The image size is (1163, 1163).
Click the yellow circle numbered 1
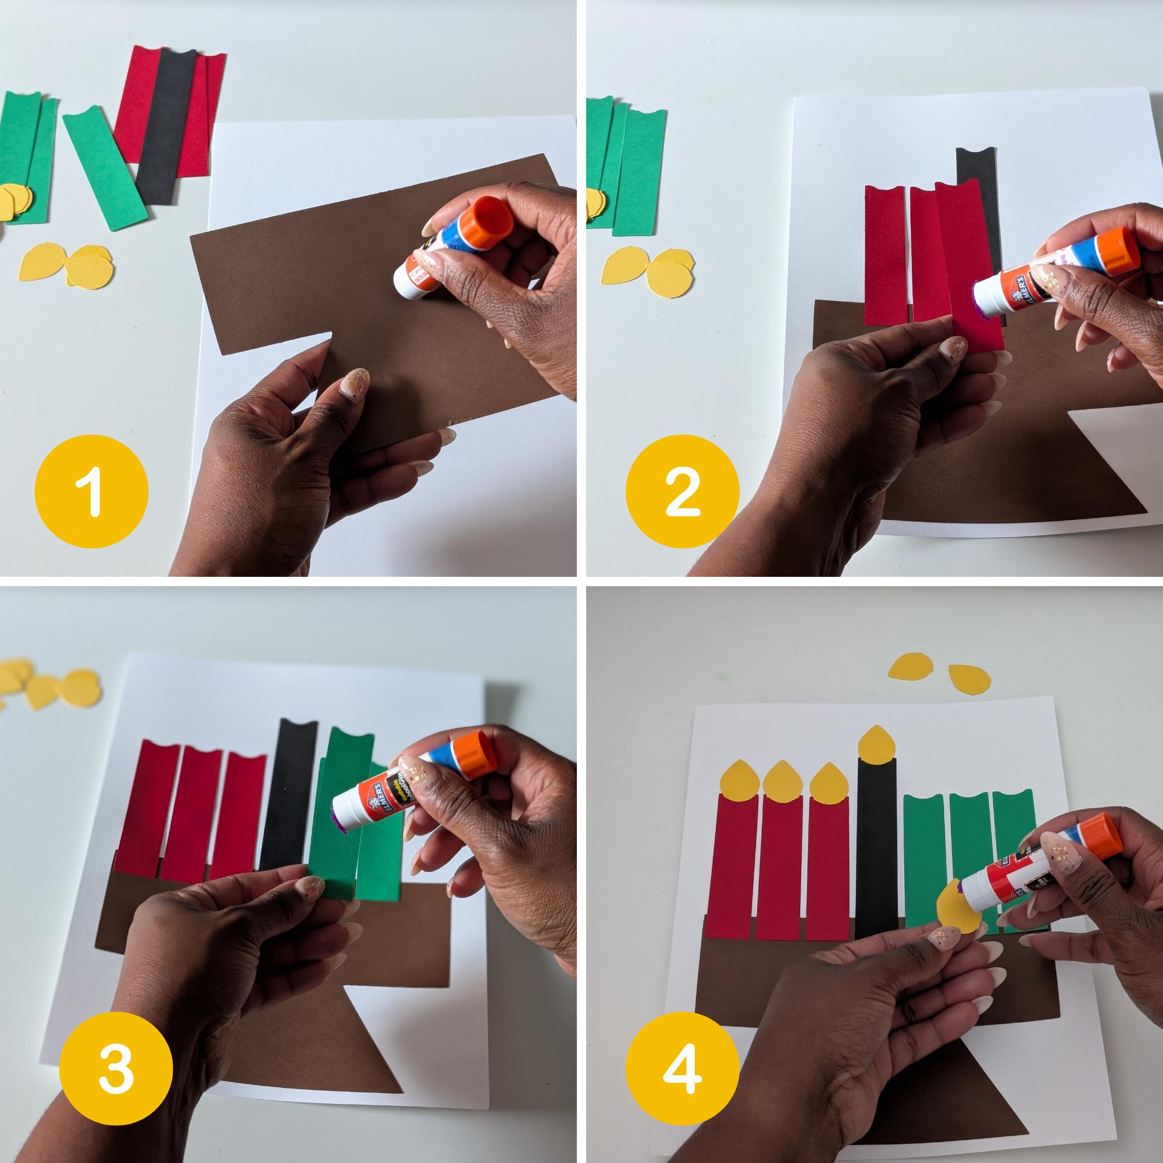coord(91,491)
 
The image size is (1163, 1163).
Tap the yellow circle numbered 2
coord(683,491)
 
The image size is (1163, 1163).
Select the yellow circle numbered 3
coord(116,1068)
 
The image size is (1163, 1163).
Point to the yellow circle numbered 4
coord(683,1068)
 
